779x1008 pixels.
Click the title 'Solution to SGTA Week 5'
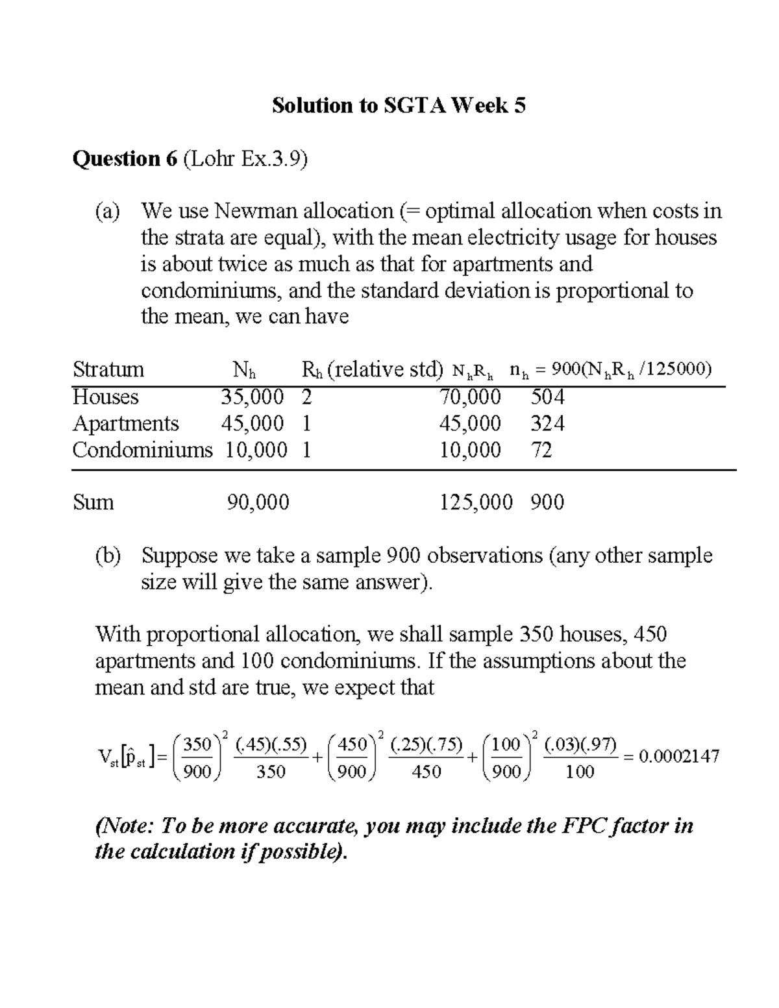(398, 105)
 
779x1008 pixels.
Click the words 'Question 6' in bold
(125, 158)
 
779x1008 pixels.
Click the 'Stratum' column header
(108, 369)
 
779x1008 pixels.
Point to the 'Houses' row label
(105, 397)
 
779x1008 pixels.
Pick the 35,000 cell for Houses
(252, 397)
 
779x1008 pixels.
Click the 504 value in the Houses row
(547, 397)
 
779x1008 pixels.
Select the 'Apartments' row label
(125, 423)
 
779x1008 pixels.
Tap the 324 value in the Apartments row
(547, 423)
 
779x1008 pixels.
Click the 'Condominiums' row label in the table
(142, 450)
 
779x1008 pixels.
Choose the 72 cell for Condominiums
(541, 450)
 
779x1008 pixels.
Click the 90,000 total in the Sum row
(258, 502)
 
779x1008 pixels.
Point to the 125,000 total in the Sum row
(476, 502)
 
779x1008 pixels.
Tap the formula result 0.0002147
(679, 756)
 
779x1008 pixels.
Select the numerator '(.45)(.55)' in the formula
(271, 744)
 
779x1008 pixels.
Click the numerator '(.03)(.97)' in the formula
(580, 744)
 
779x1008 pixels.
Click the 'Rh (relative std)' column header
(372, 369)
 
